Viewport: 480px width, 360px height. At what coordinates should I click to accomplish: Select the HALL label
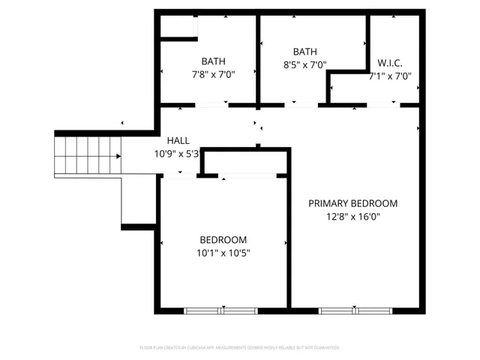pos(178,140)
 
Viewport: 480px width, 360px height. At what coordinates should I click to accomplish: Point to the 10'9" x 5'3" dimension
pos(178,154)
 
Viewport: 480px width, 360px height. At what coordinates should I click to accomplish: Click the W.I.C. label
pos(390,62)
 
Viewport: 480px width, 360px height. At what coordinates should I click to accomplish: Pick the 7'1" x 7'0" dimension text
pos(390,76)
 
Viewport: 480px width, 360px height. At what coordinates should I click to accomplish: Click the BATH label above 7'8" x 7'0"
pos(213,61)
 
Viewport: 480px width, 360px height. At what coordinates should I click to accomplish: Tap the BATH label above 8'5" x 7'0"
pos(304,52)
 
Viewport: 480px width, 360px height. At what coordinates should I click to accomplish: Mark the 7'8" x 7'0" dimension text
pos(213,75)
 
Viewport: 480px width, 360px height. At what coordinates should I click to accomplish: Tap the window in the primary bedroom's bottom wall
pos(357,310)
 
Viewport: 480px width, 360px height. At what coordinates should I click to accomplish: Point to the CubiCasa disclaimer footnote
pos(240,348)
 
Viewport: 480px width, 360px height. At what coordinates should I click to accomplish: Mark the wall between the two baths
pos(258,60)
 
